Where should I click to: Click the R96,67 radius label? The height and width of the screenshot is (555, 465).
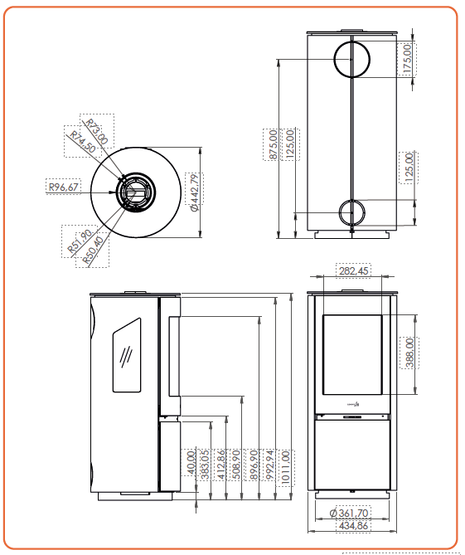[x=64, y=187]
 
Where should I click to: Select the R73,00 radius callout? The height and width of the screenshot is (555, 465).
[x=97, y=132]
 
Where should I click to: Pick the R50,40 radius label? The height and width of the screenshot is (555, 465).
[x=94, y=251]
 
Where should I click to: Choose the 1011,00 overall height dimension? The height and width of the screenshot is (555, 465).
[x=286, y=466]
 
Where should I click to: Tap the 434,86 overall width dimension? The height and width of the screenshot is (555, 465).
[x=353, y=526]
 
